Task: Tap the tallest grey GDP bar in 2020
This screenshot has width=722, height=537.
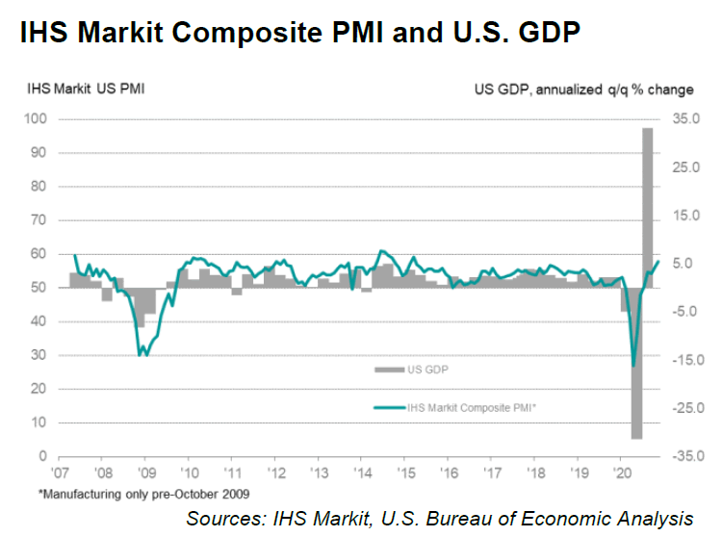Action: tap(648, 207)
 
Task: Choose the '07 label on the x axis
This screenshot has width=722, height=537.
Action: tap(61, 473)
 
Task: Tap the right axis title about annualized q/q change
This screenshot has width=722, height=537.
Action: tap(583, 90)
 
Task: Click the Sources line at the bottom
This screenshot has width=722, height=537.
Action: tap(440, 519)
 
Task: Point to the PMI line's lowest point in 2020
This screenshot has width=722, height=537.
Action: tap(632, 366)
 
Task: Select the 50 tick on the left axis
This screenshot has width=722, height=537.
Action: tap(41, 288)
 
